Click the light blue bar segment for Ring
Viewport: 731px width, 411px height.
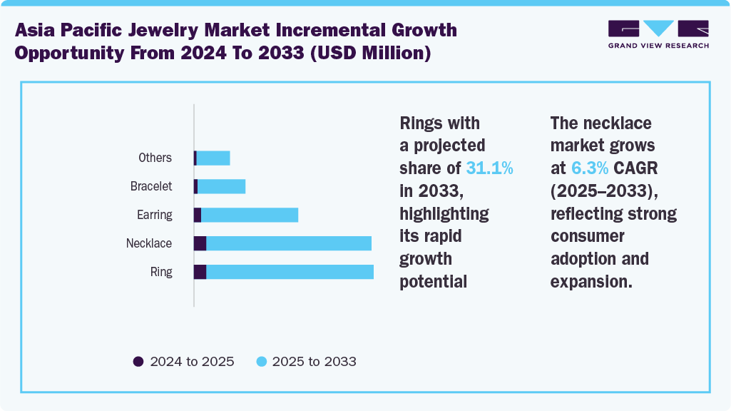pos(290,272)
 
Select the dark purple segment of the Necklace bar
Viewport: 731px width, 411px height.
pos(200,243)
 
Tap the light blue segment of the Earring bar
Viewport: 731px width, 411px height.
pos(250,215)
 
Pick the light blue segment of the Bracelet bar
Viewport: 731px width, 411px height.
pos(221,186)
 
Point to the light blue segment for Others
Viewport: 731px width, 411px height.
pos(213,158)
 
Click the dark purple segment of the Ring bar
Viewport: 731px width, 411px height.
pos(200,272)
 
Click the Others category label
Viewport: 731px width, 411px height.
pos(155,158)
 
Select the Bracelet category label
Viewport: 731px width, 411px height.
pos(151,186)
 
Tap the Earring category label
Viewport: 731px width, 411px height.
pos(154,215)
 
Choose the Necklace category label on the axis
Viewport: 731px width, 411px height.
pos(149,243)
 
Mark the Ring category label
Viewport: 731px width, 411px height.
pos(161,272)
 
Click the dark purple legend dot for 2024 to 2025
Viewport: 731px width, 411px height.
pos(138,361)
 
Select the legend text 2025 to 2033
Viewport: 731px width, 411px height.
pos(314,361)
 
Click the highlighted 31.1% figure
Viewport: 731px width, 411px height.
pos(489,168)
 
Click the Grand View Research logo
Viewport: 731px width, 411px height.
pos(658,34)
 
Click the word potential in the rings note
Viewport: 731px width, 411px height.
pos(433,281)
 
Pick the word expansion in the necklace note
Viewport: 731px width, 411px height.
pos(591,281)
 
